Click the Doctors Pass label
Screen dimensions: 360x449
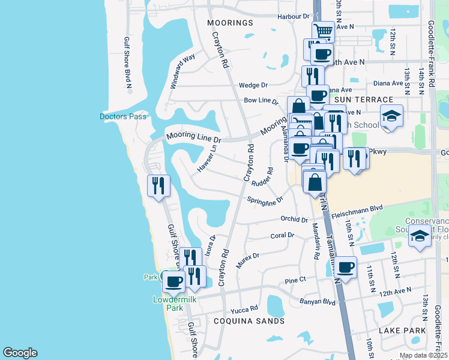click(123, 116)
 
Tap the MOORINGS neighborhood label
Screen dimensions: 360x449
click(231, 23)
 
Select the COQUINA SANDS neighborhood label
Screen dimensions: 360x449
click(249, 321)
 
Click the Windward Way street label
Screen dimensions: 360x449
click(182, 71)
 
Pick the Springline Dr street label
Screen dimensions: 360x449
click(265, 199)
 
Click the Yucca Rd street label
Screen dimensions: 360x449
click(244, 310)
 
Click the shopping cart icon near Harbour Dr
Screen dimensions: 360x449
click(322, 31)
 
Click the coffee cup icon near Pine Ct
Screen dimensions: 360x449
click(345, 267)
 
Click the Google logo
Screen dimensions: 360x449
click(20, 353)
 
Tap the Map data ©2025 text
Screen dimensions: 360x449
click(423, 355)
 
